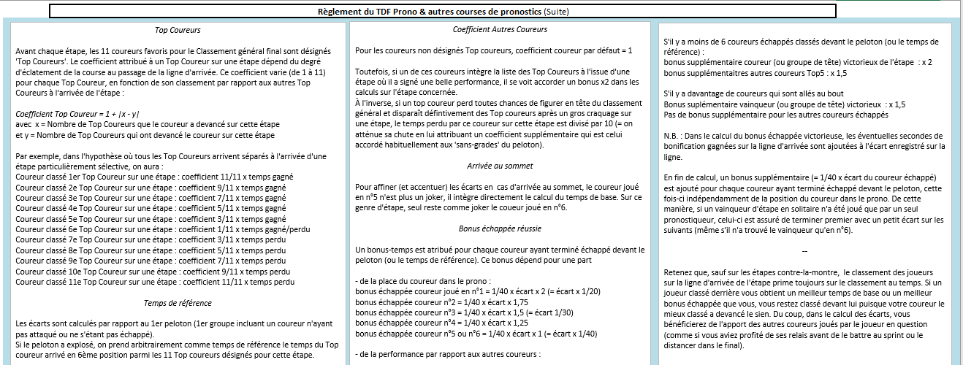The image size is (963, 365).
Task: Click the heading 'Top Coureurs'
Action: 178,31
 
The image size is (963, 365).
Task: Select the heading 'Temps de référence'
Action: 178,302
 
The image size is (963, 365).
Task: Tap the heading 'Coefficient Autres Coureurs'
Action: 500,29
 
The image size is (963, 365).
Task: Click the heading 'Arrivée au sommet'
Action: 500,166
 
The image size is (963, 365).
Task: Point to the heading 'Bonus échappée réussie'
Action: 500,228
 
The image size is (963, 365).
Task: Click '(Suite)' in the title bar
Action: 554,12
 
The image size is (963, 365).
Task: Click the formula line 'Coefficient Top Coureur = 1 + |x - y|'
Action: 77,114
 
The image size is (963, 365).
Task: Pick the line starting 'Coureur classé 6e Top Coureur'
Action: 162,228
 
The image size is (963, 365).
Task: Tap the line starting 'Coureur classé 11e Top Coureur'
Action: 155,281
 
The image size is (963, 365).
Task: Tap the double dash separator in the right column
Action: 804,251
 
